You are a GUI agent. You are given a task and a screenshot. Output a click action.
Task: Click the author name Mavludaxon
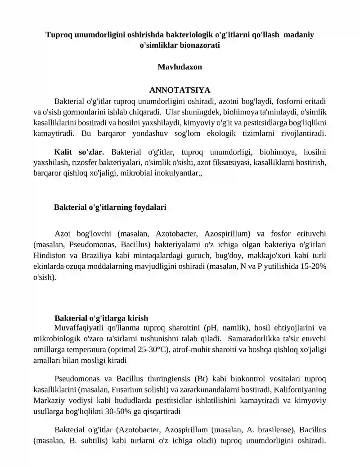click(180, 67)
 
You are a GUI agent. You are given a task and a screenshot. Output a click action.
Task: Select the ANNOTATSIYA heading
click(180, 90)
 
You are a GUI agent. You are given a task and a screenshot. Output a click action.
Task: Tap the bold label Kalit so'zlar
click(79, 151)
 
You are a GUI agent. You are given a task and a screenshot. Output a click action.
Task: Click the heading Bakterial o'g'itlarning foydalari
click(110, 208)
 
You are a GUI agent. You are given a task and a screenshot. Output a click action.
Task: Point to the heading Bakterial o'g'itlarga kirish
click(101, 318)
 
